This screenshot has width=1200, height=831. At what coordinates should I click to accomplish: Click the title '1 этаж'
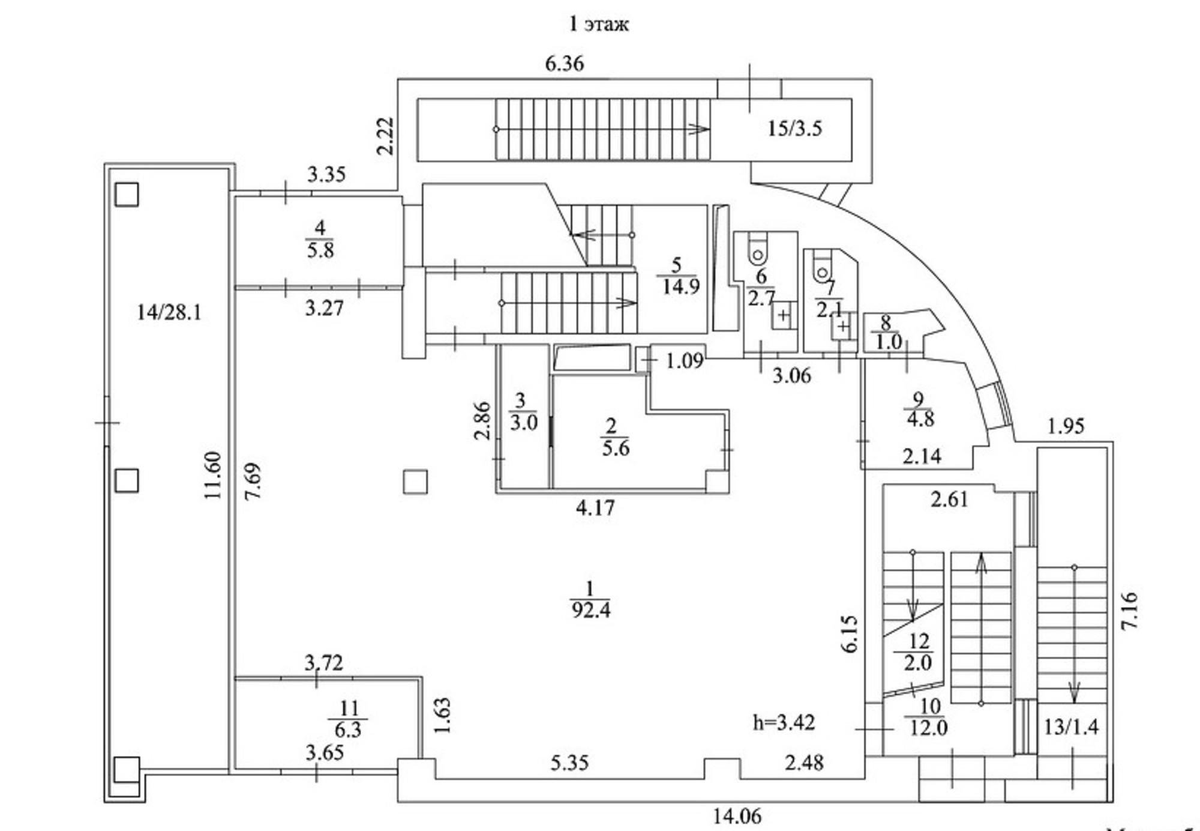click(x=598, y=24)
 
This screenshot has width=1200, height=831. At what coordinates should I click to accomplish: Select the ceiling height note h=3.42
click(x=784, y=722)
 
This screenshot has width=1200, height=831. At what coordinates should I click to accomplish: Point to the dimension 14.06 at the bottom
click(x=737, y=816)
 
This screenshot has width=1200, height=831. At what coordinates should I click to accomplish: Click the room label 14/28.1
click(x=169, y=312)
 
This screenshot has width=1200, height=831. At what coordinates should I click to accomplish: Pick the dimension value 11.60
click(x=212, y=475)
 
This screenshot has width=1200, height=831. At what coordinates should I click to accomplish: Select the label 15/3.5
click(x=795, y=128)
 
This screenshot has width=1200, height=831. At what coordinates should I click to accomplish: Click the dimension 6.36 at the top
click(x=564, y=64)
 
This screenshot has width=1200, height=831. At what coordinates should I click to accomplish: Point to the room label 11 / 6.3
click(x=348, y=719)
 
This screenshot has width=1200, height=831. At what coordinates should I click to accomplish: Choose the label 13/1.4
click(x=1071, y=727)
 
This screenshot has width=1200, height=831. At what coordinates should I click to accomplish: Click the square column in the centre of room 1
click(x=415, y=482)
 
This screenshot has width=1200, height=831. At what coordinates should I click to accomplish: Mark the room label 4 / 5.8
click(x=320, y=239)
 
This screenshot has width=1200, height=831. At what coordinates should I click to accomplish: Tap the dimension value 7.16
click(x=1129, y=610)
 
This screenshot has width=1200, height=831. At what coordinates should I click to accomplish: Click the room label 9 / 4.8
click(x=920, y=409)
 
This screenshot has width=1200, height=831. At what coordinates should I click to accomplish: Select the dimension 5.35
click(x=569, y=763)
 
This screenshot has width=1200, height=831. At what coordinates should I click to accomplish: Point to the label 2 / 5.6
click(x=614, y=438)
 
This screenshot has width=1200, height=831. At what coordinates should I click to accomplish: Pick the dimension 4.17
click(x=595, y=508)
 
